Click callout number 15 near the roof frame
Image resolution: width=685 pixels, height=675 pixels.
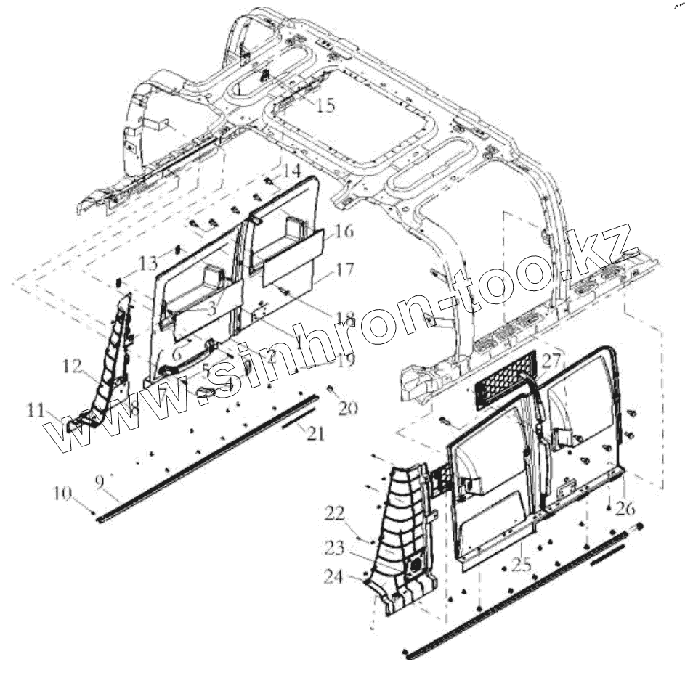325,105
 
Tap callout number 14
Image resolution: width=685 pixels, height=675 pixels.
291,171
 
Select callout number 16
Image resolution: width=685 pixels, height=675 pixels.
344,232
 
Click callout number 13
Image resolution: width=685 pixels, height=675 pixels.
148,261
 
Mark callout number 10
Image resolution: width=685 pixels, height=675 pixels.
62,494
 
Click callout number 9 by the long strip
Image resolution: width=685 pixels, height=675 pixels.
100,480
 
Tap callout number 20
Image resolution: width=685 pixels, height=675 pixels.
348,409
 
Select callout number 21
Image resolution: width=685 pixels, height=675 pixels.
315,434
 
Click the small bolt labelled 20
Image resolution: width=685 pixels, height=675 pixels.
331,390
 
